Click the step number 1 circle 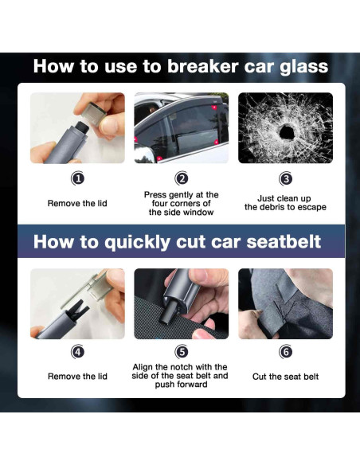pos(78,179)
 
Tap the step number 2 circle pos(182,178)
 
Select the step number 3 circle pos(286,179)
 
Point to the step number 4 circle pos(78,352)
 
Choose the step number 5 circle pos(182,352)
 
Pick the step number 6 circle pos(286,352)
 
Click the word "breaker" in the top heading pos(203,66)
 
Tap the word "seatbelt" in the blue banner pos(284,242)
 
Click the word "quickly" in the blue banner pos(136,243)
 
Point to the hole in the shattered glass pos(287,131)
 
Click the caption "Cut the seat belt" pos(285,377)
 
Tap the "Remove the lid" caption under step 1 pos(77,204)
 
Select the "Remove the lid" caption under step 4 pos(77,377)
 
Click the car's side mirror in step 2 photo pos(143,154)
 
